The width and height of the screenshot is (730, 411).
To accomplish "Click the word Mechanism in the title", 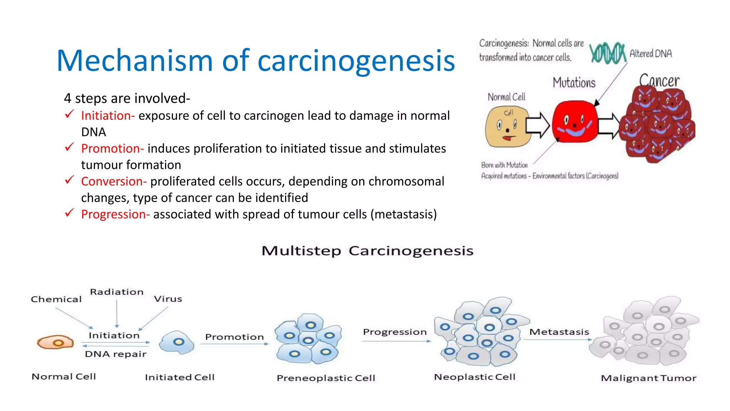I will (135, 61).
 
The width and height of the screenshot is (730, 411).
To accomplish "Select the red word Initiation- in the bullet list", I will (108, 116).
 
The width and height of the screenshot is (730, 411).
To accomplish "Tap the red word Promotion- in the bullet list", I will (112, 149).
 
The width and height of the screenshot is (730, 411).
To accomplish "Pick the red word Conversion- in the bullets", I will (114, 182).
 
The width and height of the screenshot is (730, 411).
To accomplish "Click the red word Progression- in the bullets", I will (115, 214).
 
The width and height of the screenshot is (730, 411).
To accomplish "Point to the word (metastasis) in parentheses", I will (403, 214).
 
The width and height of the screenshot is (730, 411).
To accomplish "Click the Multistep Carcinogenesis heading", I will (367, 251).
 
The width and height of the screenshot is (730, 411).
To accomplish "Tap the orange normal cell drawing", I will (55, 343).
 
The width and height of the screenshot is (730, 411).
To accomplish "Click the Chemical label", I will (56, 299).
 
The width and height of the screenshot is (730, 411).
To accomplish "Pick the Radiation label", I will (117, 292).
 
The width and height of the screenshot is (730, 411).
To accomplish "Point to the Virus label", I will (168, 299).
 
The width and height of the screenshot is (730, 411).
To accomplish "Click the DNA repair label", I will (115, 354).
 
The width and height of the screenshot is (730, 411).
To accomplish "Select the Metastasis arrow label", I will (559, 332).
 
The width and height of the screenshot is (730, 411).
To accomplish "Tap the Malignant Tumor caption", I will (648, 378).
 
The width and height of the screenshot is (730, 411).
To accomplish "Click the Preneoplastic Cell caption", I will (326, 378).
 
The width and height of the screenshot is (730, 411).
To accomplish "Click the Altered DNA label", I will (651, 54).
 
